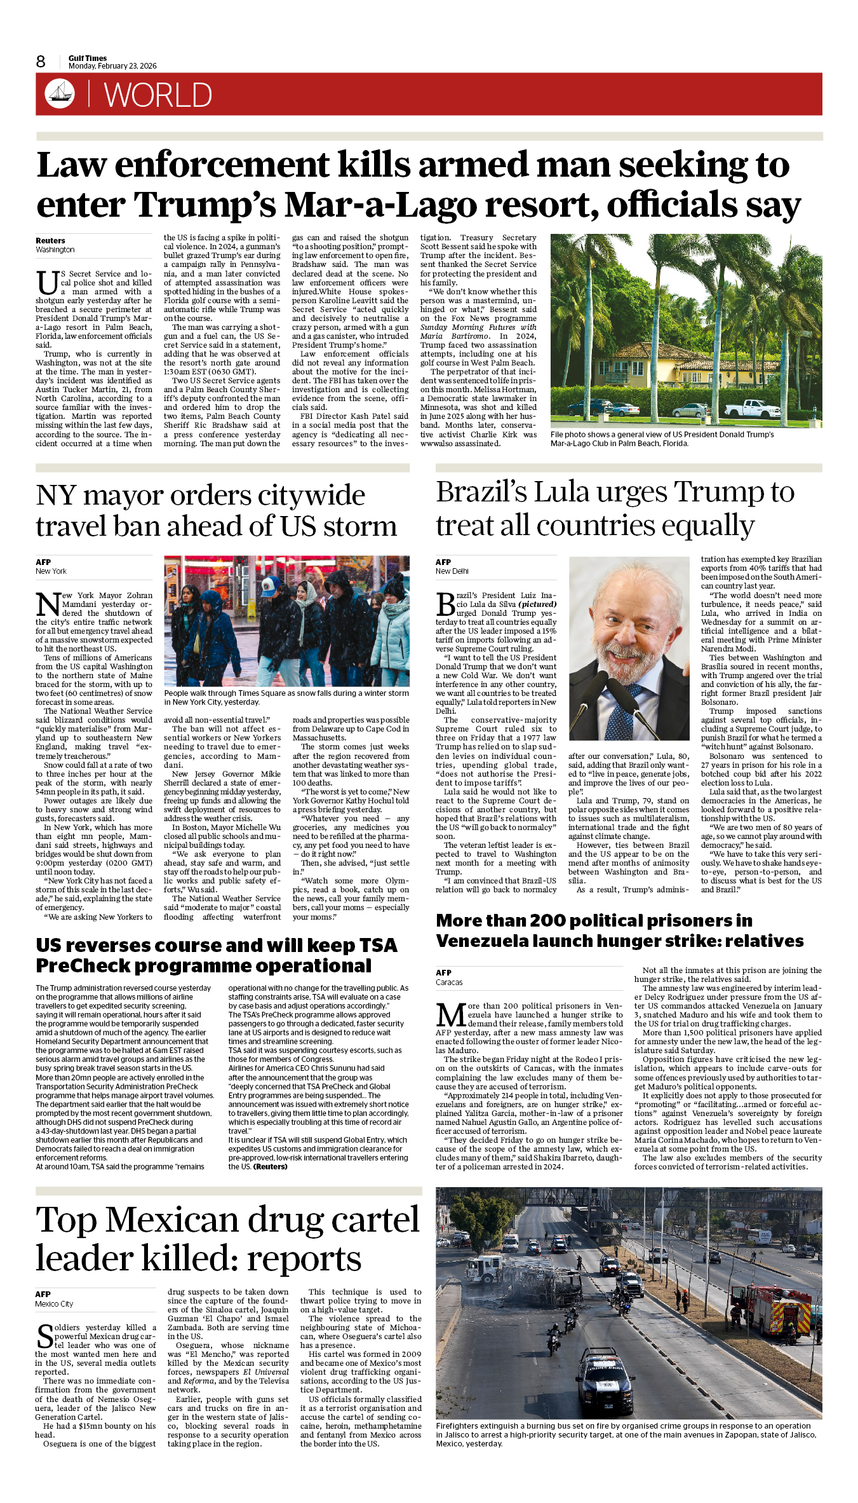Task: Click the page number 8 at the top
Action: (x=41, y=62)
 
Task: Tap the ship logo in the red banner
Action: (x=60, y=93)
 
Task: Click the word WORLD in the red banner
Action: (x=158, y=95)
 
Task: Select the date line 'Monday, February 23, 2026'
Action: (x=112, y=66)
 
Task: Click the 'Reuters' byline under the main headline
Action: (x=50, y=241)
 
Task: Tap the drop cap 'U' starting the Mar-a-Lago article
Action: (x=47, y=283)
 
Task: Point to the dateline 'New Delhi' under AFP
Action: (x=452, y=571)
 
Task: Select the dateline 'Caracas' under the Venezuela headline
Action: (x=449, y=983)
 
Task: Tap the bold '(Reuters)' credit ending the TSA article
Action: (x=271, y=1167)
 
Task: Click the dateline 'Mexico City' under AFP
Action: (x=54, y=1304)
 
